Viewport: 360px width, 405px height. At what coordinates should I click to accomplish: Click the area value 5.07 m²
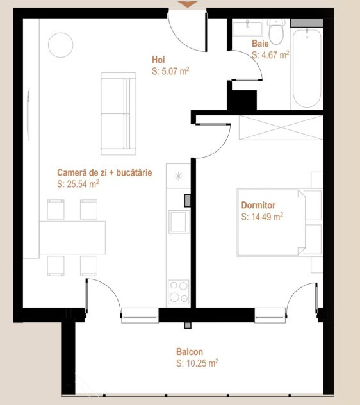(170, 72)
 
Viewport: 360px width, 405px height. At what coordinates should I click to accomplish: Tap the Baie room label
(259, 44)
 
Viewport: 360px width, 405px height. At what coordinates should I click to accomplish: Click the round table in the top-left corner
(61, 44)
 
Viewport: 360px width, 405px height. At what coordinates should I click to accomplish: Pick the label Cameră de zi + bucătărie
(104, 173)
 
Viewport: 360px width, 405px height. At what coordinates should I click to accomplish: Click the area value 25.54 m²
(78, 184)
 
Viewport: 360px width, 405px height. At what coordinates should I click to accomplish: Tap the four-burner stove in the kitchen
(178, 292)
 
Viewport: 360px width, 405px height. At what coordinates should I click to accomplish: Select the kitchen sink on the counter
(178, 222)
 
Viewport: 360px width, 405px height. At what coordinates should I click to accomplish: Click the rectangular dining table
(72, 238)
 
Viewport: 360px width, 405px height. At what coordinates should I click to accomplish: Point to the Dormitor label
(258, 206)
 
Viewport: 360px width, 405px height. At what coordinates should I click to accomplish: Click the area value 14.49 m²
(262, 217)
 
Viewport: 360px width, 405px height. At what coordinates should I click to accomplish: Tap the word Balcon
(190, 352)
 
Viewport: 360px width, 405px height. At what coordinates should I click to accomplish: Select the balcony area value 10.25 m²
(197, 363)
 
